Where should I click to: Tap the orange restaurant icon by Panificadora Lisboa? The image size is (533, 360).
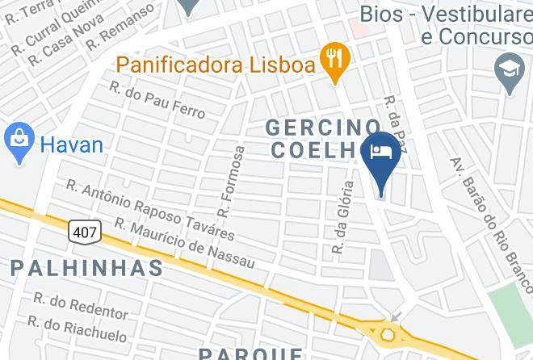[x=334, y=59]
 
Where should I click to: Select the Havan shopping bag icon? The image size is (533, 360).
[x=18, y=142]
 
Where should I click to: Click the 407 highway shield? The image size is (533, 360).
[x=86, y=232]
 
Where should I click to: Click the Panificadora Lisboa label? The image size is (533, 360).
[x=215, y=64]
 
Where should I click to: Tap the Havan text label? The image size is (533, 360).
[x=72, y=145]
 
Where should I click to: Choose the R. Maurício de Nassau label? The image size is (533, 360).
[x=184, y=244]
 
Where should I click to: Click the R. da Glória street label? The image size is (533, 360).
[x=343, y=219]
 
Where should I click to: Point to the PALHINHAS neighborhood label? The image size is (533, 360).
[x=86, y=267]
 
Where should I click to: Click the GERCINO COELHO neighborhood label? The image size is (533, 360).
[x=323, y=139]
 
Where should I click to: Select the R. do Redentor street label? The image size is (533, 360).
[x=81, y=306]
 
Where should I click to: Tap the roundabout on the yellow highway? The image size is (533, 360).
[x=389, y=333]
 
